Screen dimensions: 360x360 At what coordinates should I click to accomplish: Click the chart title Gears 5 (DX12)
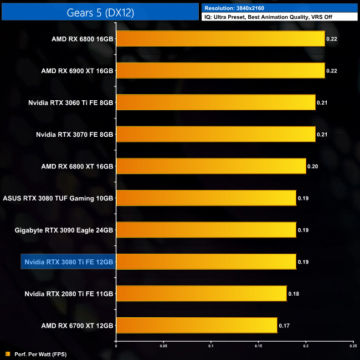tap(99, 11)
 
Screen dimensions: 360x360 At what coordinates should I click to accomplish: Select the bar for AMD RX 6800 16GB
tap(220, 39)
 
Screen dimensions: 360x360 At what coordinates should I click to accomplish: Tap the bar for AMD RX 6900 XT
tap(220, 71)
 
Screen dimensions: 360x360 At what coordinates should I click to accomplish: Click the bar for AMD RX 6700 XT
tap(197, 326)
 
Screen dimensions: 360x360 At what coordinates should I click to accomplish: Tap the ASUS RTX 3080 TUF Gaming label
tap(58, 198)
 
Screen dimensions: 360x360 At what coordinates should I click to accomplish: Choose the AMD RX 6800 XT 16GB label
tap(77, 166)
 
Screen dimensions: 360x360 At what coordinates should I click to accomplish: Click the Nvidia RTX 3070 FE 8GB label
tap(74, 134)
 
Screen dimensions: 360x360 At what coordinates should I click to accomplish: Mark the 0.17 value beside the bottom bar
tap(284, 326)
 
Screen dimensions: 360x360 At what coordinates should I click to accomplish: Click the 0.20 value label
tap(312, 166)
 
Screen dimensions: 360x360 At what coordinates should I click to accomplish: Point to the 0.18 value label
tap(293, 294)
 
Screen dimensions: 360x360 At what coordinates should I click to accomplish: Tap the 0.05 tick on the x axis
tap(163, 347)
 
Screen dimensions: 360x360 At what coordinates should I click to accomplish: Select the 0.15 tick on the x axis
tap(258, 347)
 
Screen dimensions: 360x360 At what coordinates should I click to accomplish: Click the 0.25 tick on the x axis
tap(353, 347)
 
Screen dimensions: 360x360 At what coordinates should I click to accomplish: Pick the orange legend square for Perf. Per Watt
tap(7, 353)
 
